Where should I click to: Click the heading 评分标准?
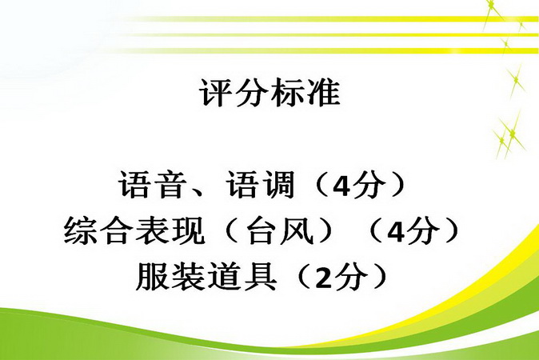point(269,93)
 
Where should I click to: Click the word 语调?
point(261,185)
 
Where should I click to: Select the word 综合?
point(99,230)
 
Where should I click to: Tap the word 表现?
point(170,230)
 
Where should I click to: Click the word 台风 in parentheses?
point(280,230)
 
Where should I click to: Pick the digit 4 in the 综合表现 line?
point(397,232)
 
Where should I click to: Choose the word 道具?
point(242,277)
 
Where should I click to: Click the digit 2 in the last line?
point(323,278)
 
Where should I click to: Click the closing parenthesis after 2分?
point(379,277)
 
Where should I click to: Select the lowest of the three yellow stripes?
point(330,50)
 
